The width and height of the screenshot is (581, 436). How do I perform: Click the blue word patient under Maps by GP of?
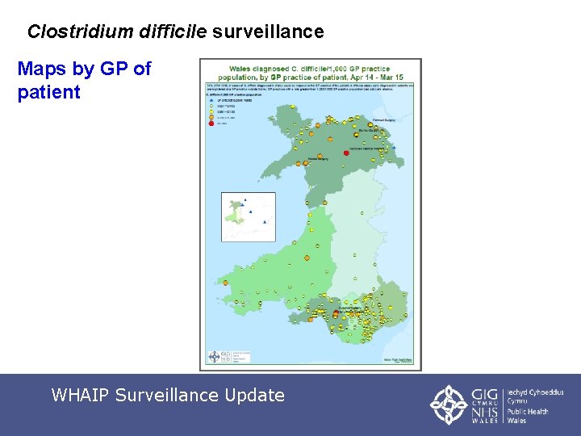(48, 92)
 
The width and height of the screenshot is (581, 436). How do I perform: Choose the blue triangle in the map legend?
(211, 100)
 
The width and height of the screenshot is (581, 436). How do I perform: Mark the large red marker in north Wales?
(346, 152)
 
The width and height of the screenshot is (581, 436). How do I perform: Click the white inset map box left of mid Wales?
(249, 216)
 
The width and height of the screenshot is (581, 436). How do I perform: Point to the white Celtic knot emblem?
(447, 405)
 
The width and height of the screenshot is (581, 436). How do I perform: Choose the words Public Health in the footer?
(528, 412)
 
